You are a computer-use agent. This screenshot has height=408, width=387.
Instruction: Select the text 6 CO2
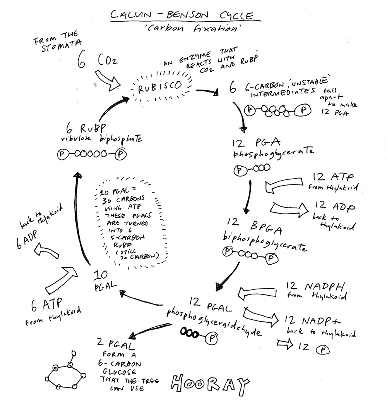(95, 62)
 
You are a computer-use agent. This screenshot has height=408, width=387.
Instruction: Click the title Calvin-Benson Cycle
(182, 16)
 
